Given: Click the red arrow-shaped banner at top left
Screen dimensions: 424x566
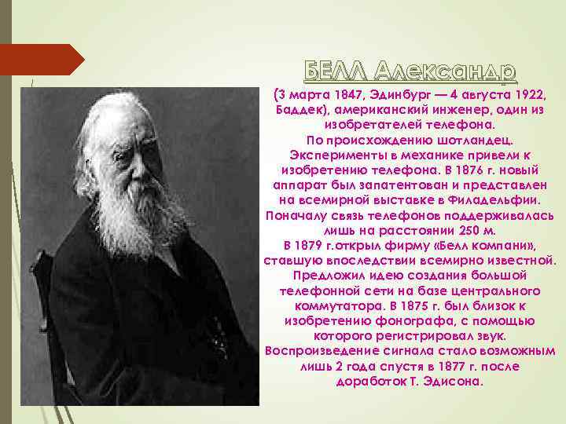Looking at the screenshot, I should coord(40,60).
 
